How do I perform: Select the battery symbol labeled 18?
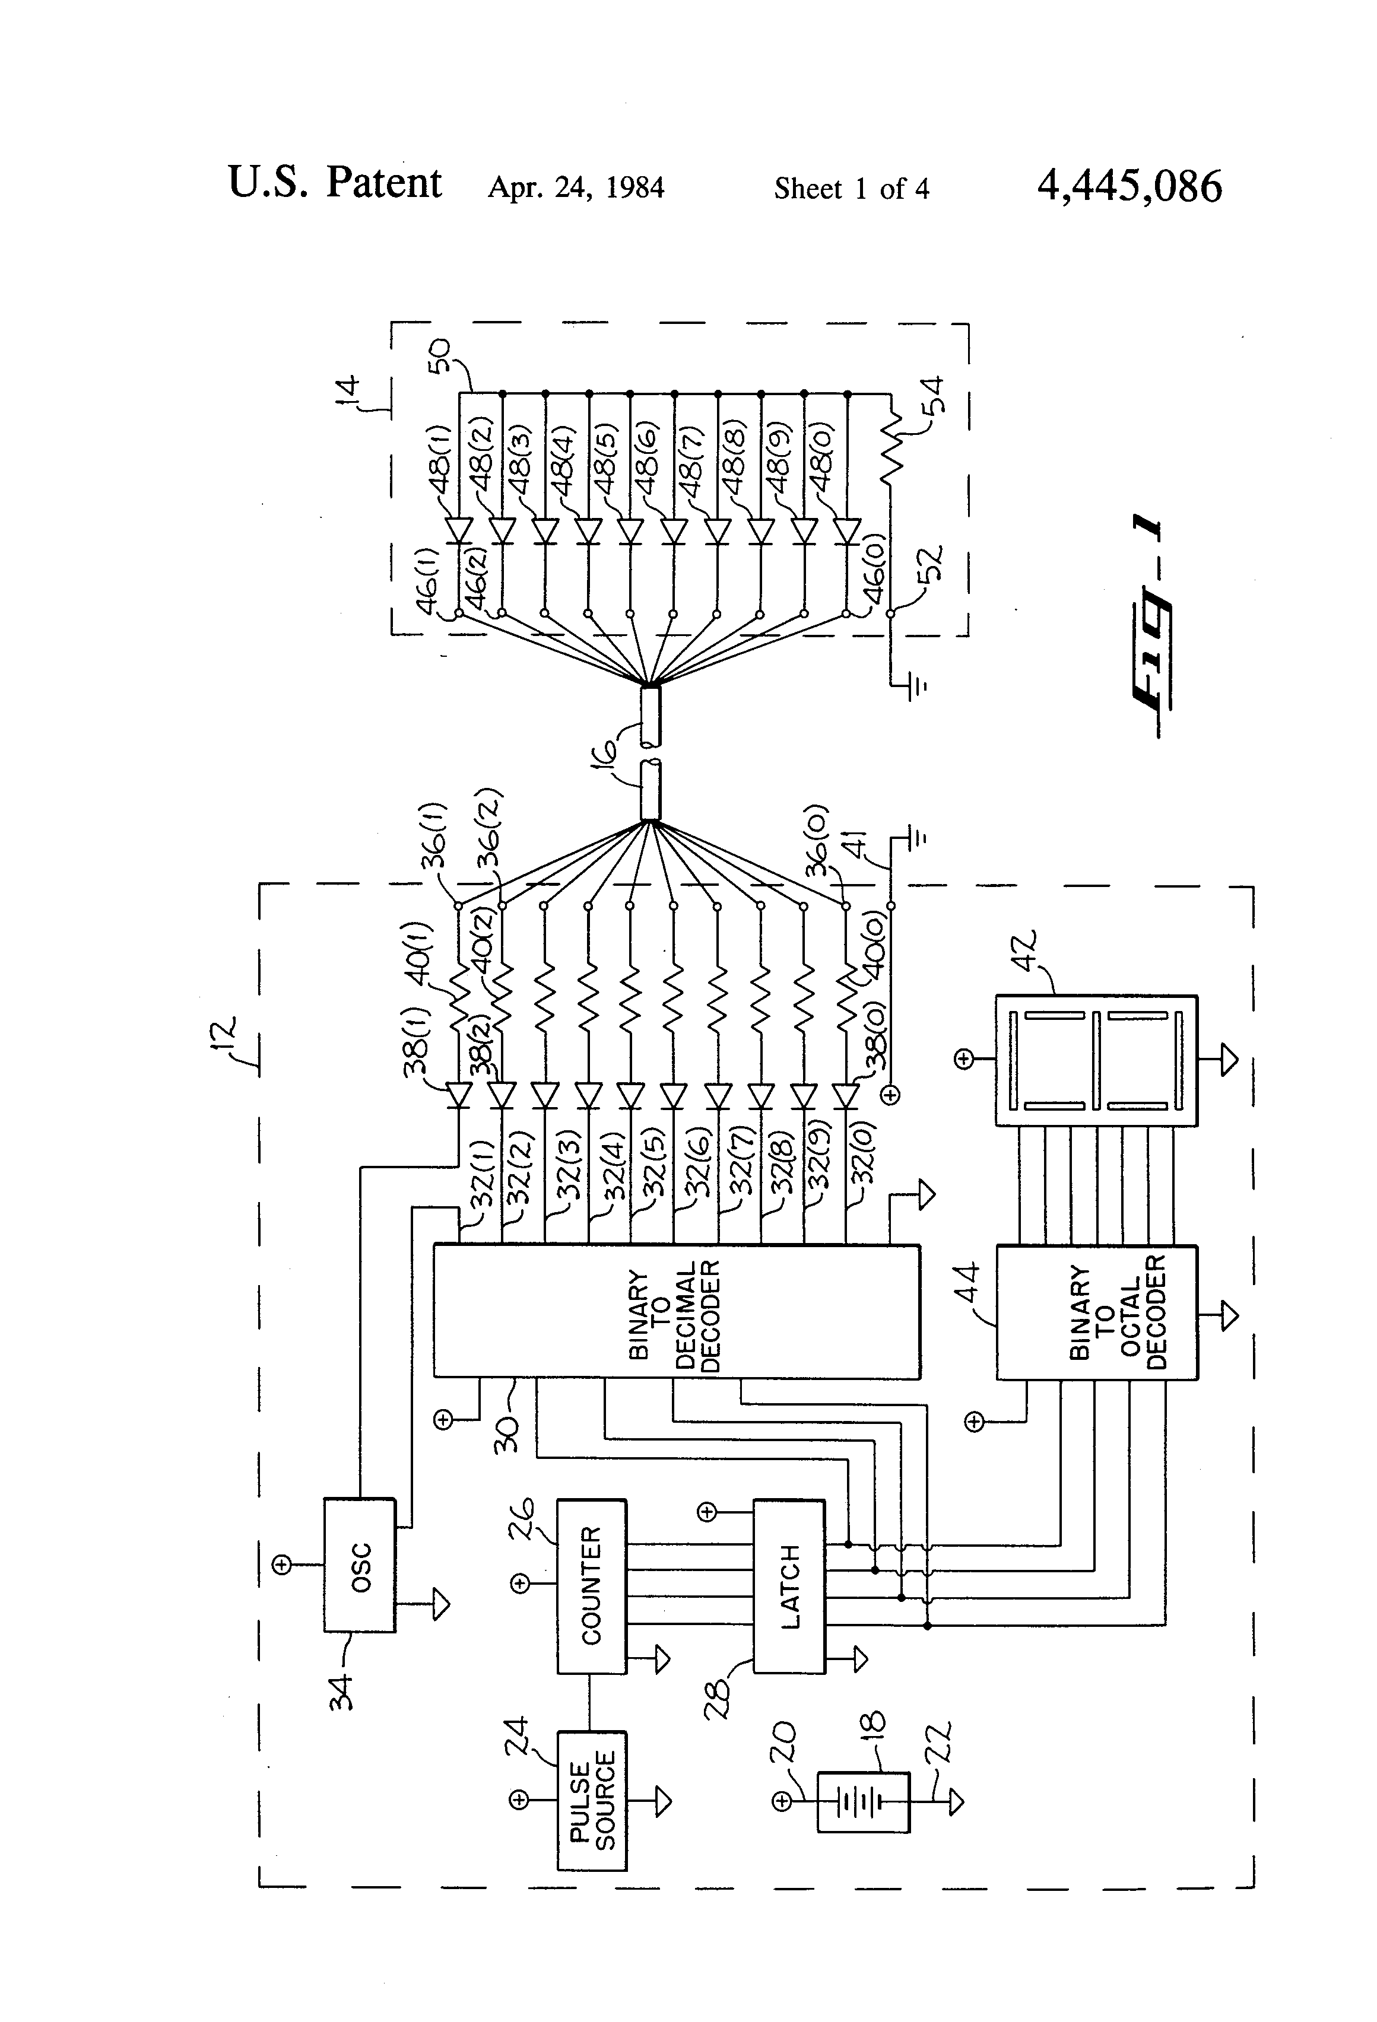[862, 1802]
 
